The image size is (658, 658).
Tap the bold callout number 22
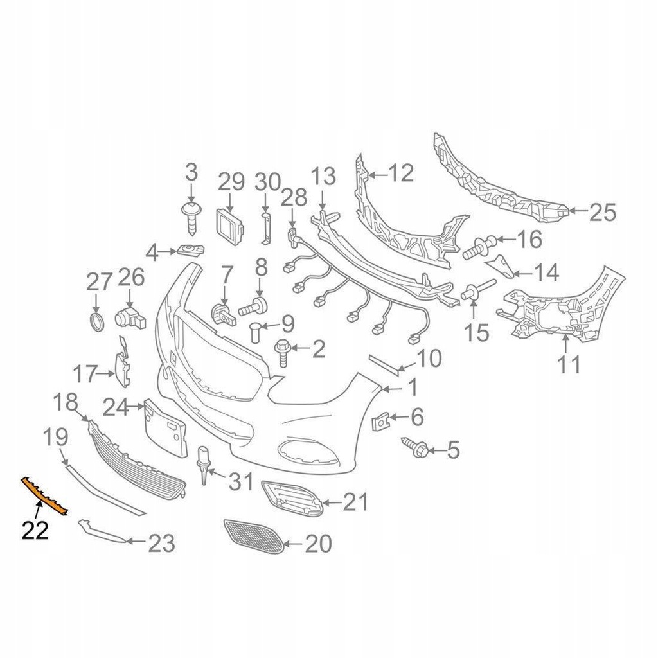35,530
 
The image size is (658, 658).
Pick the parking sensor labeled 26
129,316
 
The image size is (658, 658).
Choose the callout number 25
602,212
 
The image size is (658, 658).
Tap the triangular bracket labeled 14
501,266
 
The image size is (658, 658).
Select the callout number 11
569,364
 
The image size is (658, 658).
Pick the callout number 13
323,175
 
